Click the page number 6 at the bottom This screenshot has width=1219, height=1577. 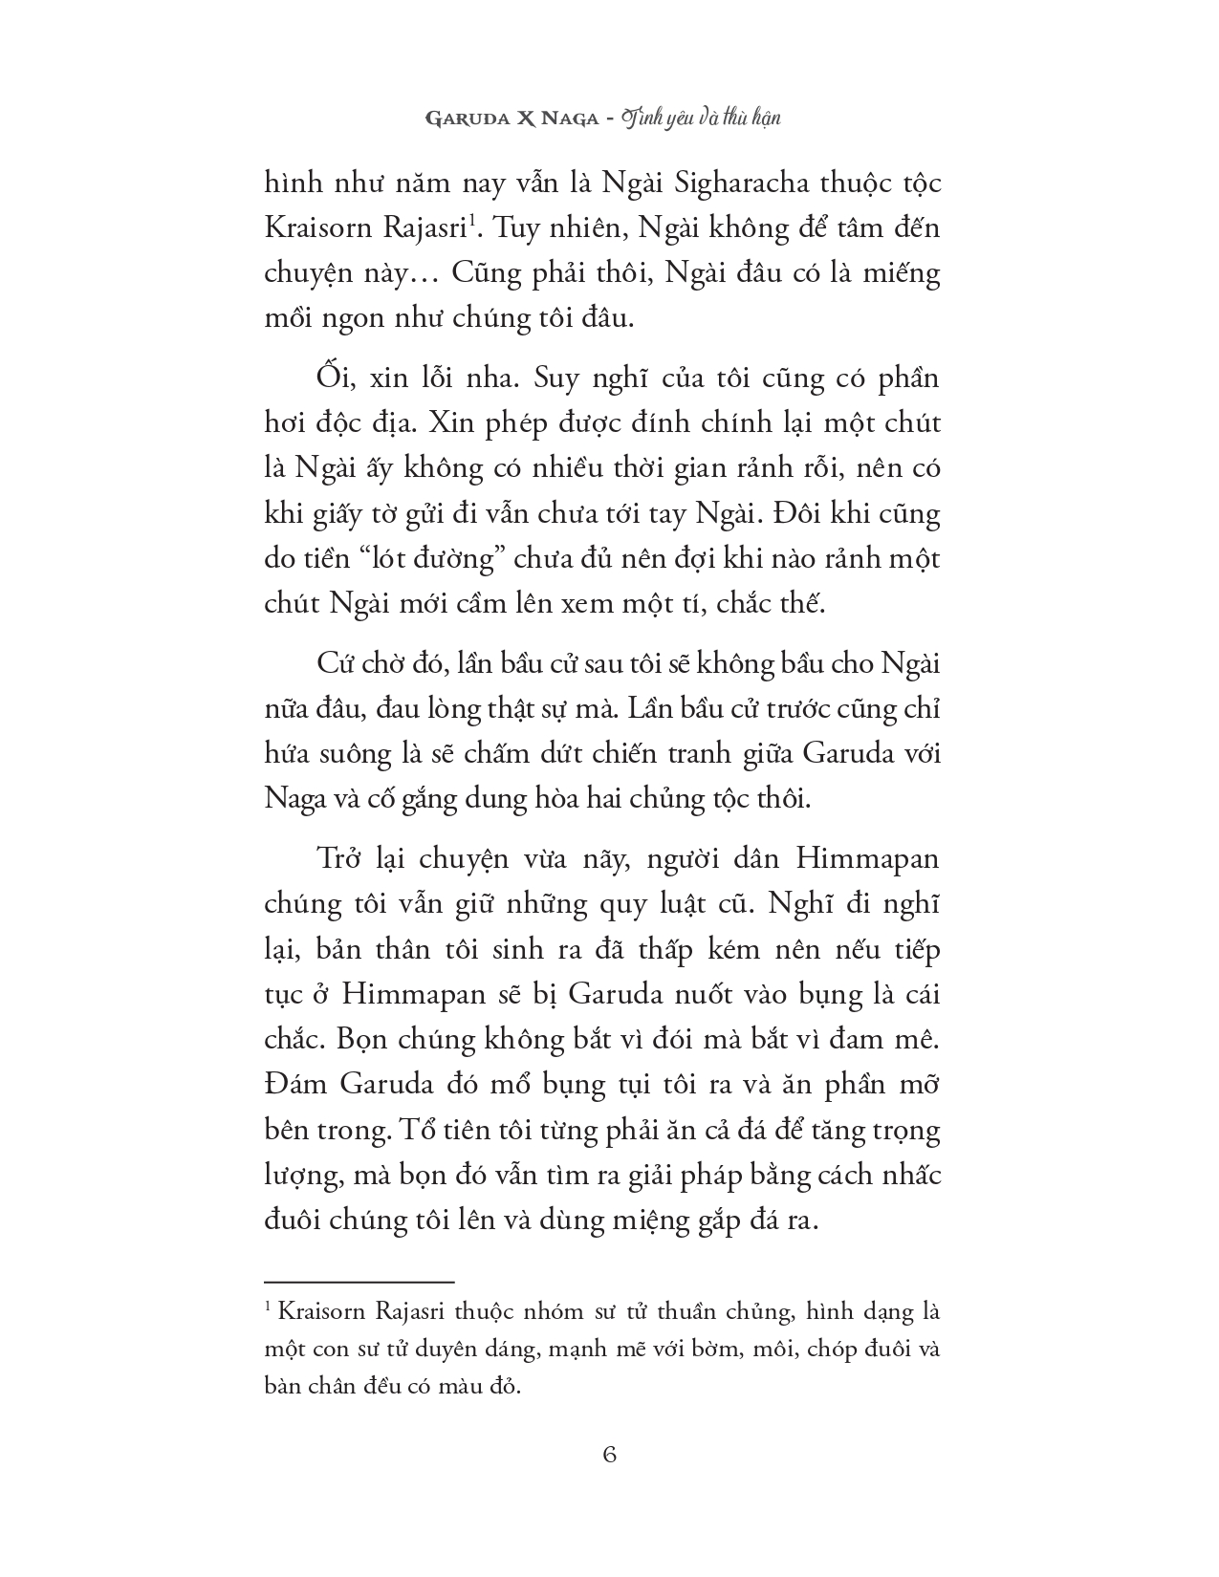pos(609,1455)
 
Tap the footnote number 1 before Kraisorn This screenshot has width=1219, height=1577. pos(269,1307)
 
